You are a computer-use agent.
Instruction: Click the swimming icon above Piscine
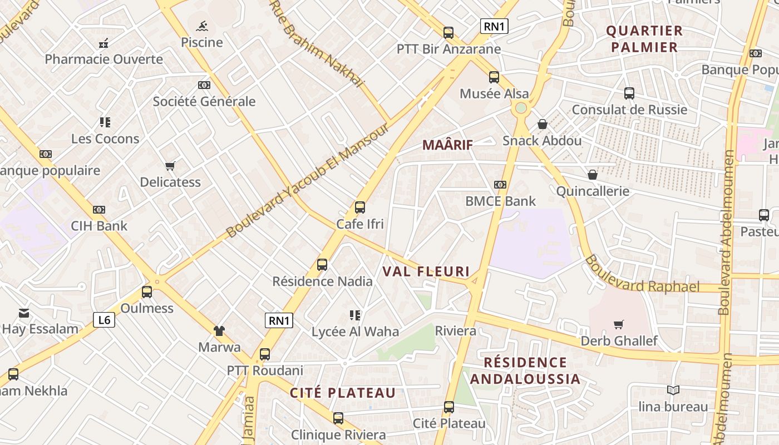pos(202,26)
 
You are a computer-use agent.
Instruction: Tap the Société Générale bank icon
pos(204,85)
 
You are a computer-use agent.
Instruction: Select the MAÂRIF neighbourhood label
pos(447,145)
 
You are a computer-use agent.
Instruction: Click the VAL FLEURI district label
pos(426,272)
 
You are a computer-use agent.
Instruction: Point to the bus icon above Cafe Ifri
pos(360,207)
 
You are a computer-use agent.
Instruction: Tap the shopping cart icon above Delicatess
pos(170,166)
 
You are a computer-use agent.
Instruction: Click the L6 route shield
pos(104,320)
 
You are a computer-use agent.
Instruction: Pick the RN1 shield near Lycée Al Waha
pos(279,320)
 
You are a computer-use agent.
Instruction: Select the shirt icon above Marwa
pos(219,331)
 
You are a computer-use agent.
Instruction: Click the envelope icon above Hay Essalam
pos(24,313)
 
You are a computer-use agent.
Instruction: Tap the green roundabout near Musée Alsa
pos(521,108)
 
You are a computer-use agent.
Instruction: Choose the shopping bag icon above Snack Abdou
pos(543,124)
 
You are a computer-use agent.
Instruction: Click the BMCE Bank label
pos(500,201)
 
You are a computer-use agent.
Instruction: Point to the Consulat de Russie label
pos(629,110)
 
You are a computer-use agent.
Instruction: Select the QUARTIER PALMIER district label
pos(644,39)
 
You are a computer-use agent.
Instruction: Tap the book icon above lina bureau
pos(673,390)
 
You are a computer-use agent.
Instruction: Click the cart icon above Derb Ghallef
pos(618,324)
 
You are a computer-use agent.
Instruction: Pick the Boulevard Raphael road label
pos(643,276)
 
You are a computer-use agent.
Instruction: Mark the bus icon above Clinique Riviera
pos(338,418)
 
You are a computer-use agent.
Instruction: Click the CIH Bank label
pos(99,226)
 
